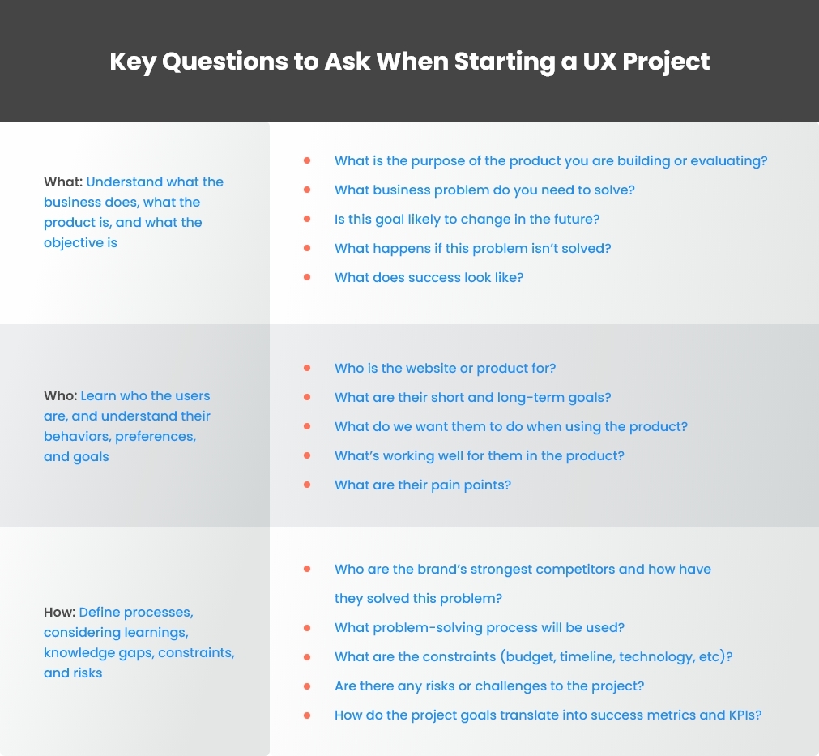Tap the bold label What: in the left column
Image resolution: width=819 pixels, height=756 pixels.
coord(63,182)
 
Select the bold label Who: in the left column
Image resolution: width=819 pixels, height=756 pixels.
coord(61,395)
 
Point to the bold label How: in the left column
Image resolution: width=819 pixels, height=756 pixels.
coord(60,611)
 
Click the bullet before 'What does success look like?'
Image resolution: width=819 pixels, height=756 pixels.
coord(307,277)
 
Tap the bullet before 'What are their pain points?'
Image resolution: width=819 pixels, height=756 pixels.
coord(307,485)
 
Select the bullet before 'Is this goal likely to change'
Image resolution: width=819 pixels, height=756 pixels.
coord(307,219)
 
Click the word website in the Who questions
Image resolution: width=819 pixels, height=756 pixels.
coord(407,368)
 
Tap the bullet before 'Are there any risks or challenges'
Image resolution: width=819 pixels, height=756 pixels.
coord(307,686)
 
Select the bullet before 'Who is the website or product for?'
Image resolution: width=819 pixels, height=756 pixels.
coord(307,368)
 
